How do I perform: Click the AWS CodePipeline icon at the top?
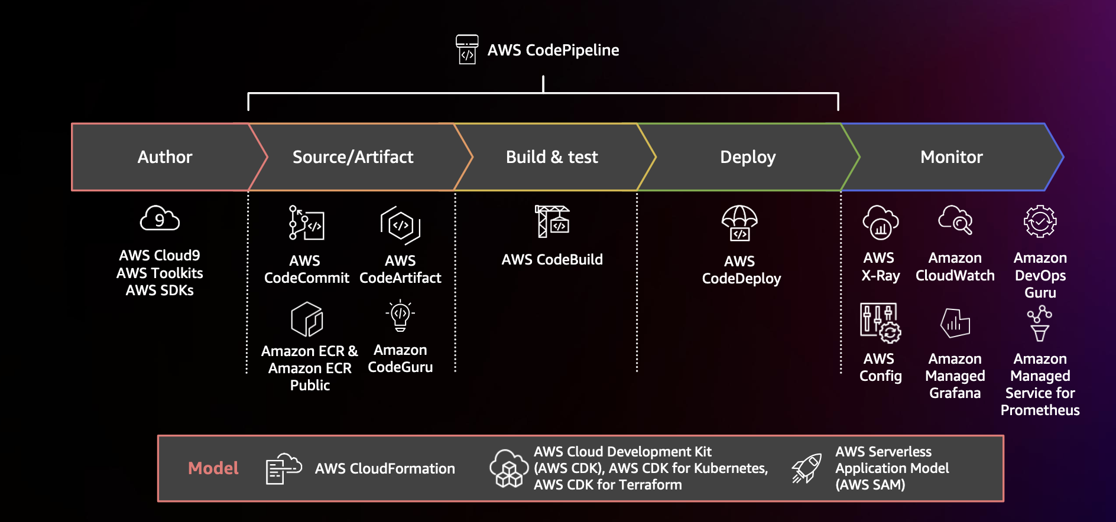pos(467,49)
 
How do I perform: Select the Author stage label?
pos(165,157)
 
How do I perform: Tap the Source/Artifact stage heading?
pos(353,157)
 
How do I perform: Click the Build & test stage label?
pos(551,157)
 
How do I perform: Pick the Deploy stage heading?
pos(747,157)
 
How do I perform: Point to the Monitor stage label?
pos(951,157)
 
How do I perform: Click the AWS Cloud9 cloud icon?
pos(160,219)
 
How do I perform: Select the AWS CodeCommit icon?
pos(306,223)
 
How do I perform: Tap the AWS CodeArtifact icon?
pos(400,225)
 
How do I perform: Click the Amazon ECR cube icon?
pos(307,319)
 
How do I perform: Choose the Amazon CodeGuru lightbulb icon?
pos(400,315)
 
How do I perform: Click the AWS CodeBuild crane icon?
pos(551,221)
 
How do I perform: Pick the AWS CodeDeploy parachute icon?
pos(739,223)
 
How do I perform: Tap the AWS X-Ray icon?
pos(880,223)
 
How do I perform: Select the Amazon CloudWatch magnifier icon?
pos(955,220)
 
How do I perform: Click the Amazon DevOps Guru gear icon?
pos(1040,221)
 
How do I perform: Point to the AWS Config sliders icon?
pos(880,322)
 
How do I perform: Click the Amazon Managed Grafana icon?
pos(955,322)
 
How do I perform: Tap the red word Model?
pos(213,468)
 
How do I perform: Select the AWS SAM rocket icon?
pos(807,469)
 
